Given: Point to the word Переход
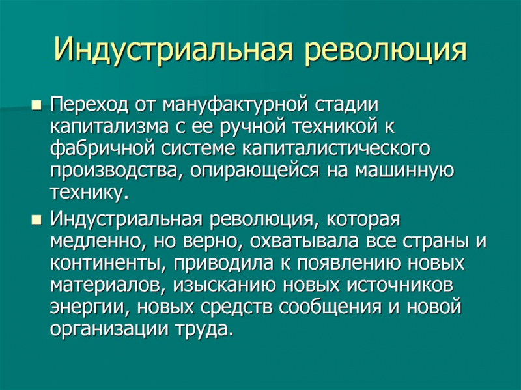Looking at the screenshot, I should point(90,104).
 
